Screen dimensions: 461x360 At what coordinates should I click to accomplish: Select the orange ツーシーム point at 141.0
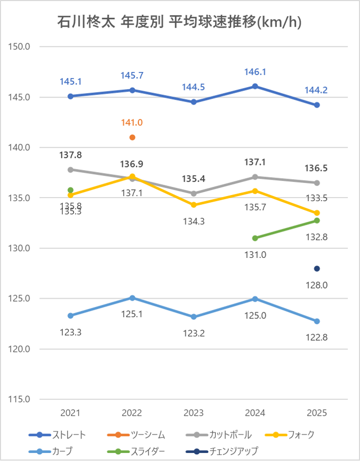pyautogui.click(x=132, y=137)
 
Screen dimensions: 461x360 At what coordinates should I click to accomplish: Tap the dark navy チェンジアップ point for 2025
pyautogui.click(x=317, y=269)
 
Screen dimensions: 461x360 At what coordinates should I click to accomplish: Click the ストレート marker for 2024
pyautogui.click(x=255, y=86)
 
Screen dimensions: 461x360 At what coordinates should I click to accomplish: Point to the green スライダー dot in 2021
pyautogui.click(x=70, y=190)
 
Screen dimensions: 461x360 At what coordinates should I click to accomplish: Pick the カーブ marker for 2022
pyautogui.click(x=132, y=298)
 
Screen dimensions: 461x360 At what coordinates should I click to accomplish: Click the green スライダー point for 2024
pyautogui.click(x=255, y=238)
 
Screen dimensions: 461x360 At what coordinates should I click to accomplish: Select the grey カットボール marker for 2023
pyautogui.click(x=194, y=193)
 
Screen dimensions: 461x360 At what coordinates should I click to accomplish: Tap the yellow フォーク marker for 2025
pyautogui.click(x=317, y=213)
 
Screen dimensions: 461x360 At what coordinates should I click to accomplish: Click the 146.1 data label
pyautogui.click(x=255, y=72)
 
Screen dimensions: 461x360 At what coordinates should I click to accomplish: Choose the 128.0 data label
pyautogui.click(x=317, y=285)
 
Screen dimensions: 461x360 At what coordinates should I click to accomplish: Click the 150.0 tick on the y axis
pyautogui.click(x=20, y=47)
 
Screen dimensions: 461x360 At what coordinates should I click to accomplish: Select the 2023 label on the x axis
pyautogui.click(x=194, y=413)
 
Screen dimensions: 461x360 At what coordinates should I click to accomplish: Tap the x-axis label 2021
pyautogui.click(x=70, y=413)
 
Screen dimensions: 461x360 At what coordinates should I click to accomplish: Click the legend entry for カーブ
pyautogui.click(x=62, y=451)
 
